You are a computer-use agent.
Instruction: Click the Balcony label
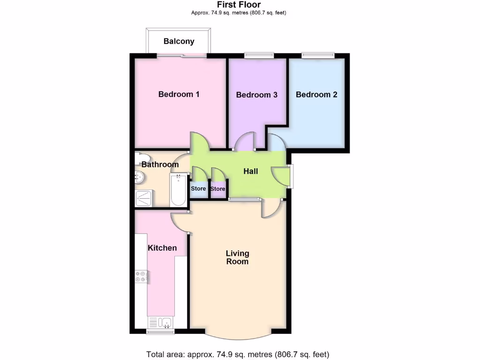click(179, 41)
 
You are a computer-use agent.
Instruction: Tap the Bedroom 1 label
click(179, 94)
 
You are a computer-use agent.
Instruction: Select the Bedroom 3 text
click(256, 95)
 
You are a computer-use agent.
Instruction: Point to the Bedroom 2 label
click(316, 94)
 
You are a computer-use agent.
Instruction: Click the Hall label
click(251, 172)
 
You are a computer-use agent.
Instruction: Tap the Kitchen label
click(162, 247)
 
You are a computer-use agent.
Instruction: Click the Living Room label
click(238, 257)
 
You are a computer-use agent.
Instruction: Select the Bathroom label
click(160, 165)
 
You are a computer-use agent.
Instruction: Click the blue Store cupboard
click(198, 189)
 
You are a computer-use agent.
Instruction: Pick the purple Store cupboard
click(217, 189)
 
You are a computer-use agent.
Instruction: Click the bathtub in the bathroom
click(178, 190)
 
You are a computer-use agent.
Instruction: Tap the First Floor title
click(239, 5)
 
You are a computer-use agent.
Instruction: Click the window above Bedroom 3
click(259, 55)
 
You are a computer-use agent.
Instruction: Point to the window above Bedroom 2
click(318, 55)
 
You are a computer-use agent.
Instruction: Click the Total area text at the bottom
click(238, 354)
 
